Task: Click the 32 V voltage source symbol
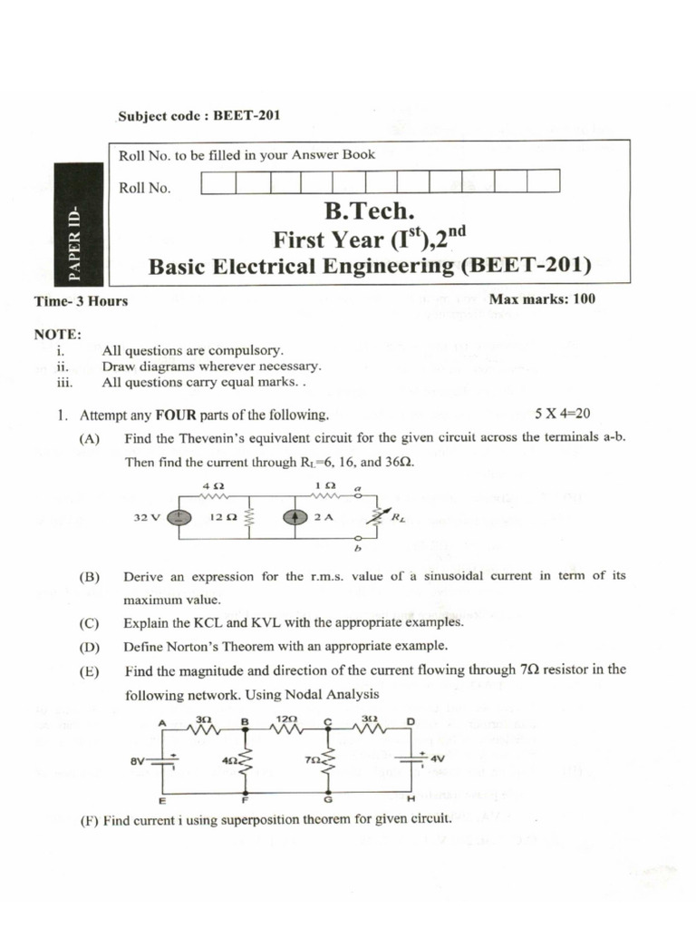click(179, 518)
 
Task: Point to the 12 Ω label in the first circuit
click(223, 518)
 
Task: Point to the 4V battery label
click(438, 758)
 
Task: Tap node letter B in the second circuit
click(243, 721)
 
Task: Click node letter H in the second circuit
click(411, 799)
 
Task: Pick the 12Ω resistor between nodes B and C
click(285, 726)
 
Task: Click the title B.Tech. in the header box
click(369, 212)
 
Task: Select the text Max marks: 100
click(542, 298)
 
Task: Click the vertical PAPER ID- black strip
click(78, 241)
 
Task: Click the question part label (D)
click(89, 646)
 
